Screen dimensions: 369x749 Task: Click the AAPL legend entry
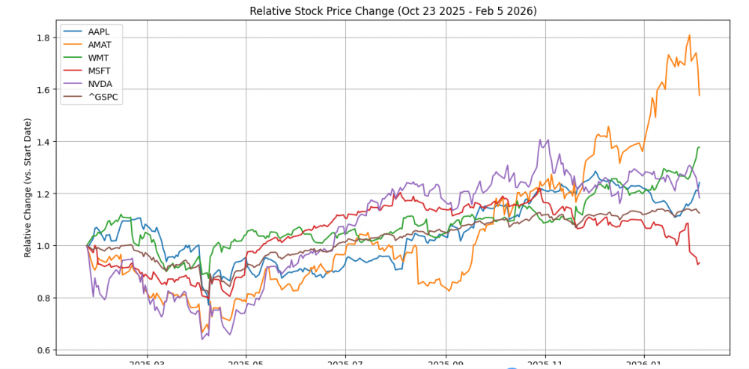tap(97, 32)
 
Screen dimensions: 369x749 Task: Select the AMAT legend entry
tap(98, 45)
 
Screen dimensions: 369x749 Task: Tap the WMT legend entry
tap(97, 58)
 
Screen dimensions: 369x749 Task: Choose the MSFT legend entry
tap(97, 70)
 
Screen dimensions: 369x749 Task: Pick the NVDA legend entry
tap(97, 83)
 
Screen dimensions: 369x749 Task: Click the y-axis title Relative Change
tap(28, 187)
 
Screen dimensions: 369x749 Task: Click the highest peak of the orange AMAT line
tap(689, 35)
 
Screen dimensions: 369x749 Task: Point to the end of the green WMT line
tap(700, 147)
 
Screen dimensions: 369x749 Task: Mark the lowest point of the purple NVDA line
tap(202, 340)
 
